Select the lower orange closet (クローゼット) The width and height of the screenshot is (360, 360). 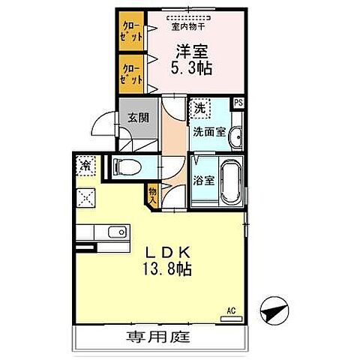(x=130, y=73)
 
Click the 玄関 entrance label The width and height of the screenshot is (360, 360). (x=137, y=117)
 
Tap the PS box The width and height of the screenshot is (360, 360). (x=238, y=103)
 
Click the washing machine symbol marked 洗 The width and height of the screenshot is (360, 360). (x=199, y=109)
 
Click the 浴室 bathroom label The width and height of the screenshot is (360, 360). (x=202, y=180)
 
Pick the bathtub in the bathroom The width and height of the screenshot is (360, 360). (x=230, y=181)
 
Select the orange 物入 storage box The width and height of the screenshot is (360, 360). (x=153, y=196)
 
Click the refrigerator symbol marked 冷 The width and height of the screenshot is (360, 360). (x=85, y=165)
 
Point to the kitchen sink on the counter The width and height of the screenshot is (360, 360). (x=116, y=232)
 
